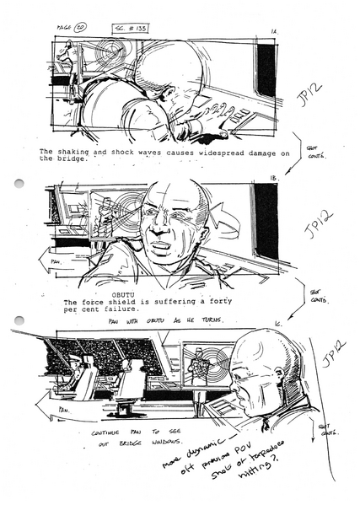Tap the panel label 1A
coord(274,32)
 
